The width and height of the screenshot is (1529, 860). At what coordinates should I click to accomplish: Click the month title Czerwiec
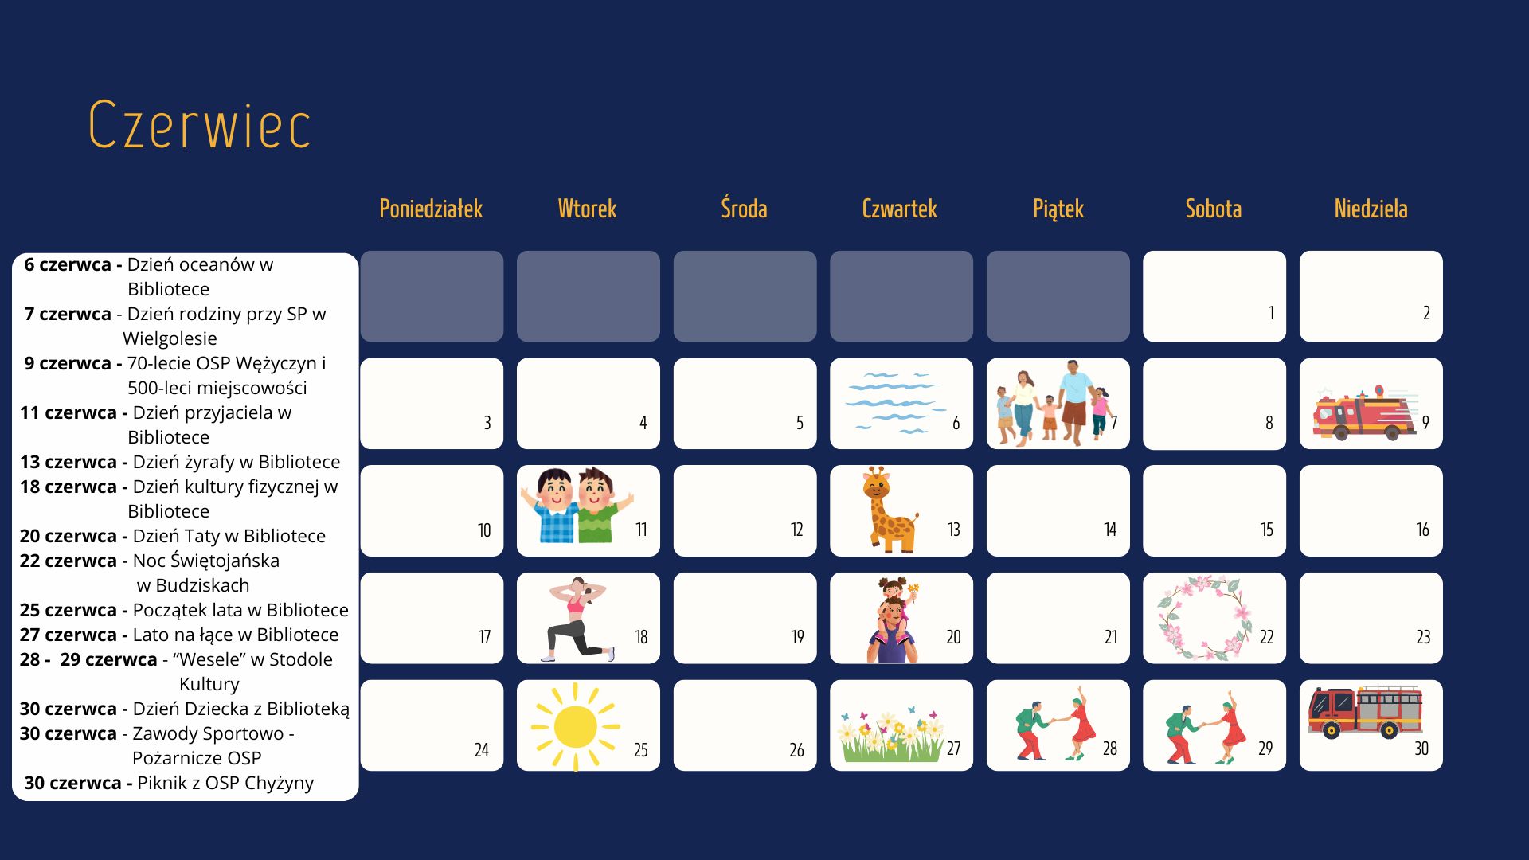click(x=199, y=125)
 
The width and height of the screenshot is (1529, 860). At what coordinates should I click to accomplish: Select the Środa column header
click(x=744, y=208)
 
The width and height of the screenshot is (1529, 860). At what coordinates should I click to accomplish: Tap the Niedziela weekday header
click(x=1371, y=209)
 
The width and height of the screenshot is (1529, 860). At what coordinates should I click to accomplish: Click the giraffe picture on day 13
click(x=890, y=510)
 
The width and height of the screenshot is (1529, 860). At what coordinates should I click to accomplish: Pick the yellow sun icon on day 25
click(x=576, y=726)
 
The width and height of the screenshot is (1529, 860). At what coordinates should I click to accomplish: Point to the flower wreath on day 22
click(x=1204, y=619)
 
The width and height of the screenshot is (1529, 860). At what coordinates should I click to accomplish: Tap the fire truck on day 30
click(x=1365, y=712)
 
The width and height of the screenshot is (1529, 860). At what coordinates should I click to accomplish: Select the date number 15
click(x=1266, y=530)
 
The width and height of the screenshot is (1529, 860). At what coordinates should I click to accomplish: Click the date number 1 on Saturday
click(x=1271, y=313)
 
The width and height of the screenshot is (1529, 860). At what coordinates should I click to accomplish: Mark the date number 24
click(x=481, y=750)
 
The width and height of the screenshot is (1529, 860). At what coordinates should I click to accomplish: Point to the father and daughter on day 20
click(x=894, y=620)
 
